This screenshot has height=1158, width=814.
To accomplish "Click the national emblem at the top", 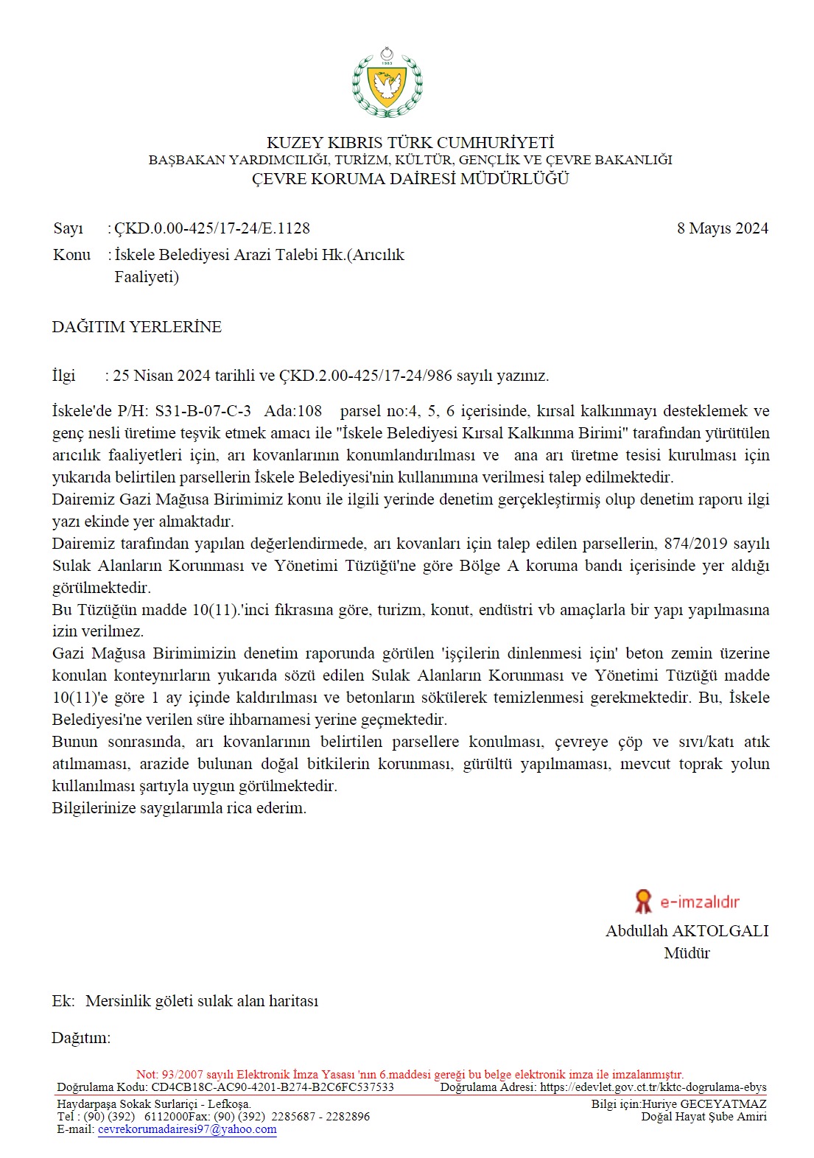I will (x=387, y=83).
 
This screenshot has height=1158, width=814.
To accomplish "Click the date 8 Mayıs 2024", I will (x=722, y=228).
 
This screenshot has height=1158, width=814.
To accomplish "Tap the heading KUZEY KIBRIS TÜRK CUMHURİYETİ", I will (x=410, y=142).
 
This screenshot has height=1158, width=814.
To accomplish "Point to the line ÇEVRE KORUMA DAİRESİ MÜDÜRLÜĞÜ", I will (x=410, y=178).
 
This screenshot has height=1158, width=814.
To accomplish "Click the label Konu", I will (x=71, y=255).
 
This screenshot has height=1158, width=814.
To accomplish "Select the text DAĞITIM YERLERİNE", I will (x=136, y=327).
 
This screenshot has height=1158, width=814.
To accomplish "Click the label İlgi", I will (x=63, y=376).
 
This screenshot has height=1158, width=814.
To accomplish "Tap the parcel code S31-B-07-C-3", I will (x=203, y=411).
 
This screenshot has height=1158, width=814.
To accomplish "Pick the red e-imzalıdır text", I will (x=699, y=902).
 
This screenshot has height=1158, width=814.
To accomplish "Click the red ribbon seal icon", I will (x=643, y=901).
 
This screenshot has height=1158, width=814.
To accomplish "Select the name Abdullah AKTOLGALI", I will (x=687, y=931).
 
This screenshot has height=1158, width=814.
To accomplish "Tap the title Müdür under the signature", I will (x=687, y=953).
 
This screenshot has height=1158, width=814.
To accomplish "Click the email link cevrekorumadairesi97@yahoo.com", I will (x=187, y=1129).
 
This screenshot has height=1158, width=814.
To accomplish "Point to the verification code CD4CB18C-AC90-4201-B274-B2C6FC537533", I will (x=273, y=1087).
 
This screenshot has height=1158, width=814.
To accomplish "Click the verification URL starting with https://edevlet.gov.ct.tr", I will (x=653, y=1087).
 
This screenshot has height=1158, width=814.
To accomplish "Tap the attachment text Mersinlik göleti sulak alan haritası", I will (x=202, y=1001).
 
